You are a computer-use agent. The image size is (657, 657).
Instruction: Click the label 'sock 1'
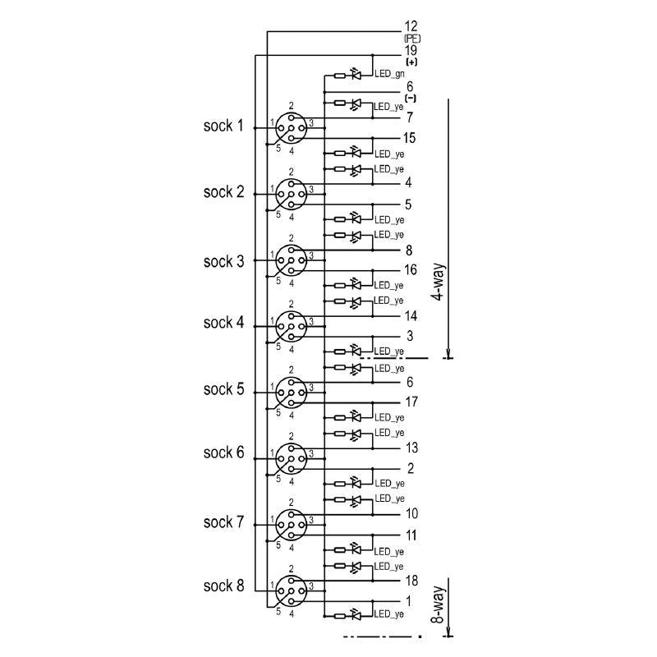tap(223, 126)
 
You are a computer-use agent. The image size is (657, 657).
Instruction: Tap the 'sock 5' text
tap(223, 389)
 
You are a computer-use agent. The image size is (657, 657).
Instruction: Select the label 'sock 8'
tap(223, 586)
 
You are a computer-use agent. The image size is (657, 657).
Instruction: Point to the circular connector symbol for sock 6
tap(291, 456)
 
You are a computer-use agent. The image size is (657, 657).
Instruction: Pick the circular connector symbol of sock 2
tap(291, 194)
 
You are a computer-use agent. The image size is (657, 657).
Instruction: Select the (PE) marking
tap(411, 39)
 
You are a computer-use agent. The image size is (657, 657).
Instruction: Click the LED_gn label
tap(388, 75)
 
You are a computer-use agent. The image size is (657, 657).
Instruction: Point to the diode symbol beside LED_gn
tap(356, 75)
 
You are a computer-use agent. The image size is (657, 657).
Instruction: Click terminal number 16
tap(411, 269)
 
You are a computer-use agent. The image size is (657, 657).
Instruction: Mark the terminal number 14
tap(411, 315)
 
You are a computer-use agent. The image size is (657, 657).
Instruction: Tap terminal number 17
tap(411, 402)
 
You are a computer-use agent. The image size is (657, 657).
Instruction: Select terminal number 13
tap(411, 448)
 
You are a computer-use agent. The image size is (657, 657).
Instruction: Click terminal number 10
tap(411, 514)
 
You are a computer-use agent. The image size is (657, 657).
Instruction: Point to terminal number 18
tap(411, 580)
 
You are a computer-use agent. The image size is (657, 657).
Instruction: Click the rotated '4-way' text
tap(439, 283)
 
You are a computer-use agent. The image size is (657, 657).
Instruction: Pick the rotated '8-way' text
tap(439, 604)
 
